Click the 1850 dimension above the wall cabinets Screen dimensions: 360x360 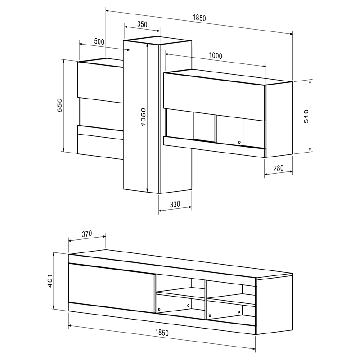click(199, 18)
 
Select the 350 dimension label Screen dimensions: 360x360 click(142, 25)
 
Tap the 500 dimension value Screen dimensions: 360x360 click(99, 41)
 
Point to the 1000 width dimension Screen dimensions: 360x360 click(216, 56)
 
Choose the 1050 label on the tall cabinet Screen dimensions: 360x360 click(143, 117)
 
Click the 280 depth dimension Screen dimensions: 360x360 click(279, 168)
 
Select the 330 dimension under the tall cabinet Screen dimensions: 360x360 click(175, 204)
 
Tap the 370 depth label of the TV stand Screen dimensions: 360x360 click(87, 234)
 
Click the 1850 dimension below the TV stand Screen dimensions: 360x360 click(162, 333)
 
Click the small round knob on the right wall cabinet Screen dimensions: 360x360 click(239, 143)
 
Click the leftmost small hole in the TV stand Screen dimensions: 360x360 click(159, 309)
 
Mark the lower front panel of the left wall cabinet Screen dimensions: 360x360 click(100, 146)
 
